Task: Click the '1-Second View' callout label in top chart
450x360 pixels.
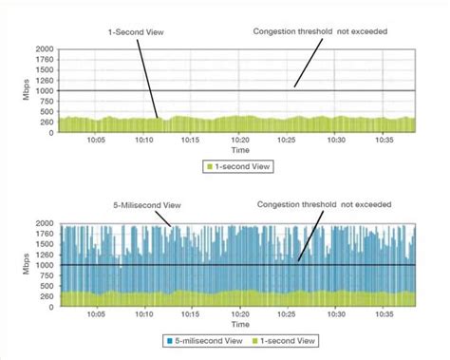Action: tap(134, 31)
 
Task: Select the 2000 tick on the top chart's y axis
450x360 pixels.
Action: tap(44, 48)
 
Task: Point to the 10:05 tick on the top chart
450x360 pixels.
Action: tap(96, 140)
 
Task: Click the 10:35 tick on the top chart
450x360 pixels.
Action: tap(385, 140)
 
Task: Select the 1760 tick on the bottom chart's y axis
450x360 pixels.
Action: tap(44, 234)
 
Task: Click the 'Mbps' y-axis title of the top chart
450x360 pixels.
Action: tap(17, 90)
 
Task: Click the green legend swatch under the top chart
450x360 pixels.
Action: tap(209, 166)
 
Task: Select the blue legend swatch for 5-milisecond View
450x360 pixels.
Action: tap(171, 340)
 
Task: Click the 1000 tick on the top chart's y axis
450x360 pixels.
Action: tap(44, 90)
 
